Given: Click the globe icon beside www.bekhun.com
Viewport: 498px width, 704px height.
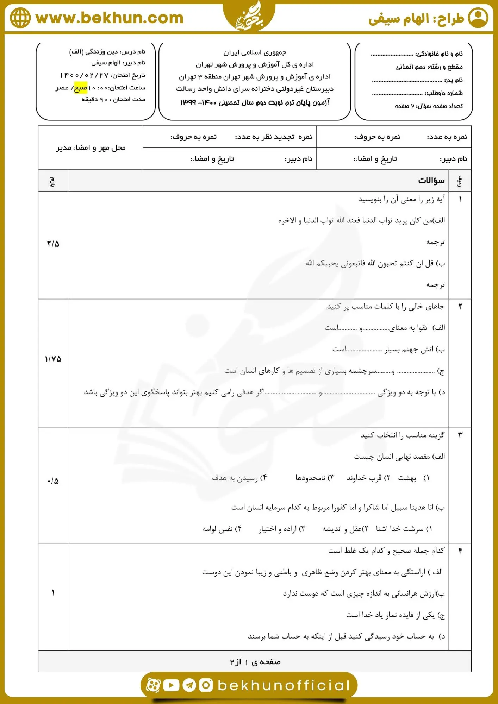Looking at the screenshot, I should [x=20, y=18].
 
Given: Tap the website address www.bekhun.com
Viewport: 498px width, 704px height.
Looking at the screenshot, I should [x=110, y=18].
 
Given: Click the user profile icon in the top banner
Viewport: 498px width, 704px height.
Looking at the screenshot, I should [x=478, y=18].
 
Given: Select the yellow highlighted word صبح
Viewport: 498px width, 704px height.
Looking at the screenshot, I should [x=80, y=88].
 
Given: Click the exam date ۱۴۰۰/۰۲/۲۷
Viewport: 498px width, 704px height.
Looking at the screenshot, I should [x=85, y=75].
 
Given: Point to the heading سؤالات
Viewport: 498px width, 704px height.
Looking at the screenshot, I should [x=431, y=181].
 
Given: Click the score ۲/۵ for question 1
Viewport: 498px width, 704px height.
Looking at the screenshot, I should [x=53, y=244].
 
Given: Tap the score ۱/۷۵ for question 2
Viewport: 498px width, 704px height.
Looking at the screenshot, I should [x=53, y=359].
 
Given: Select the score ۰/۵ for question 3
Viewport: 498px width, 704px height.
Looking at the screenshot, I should [x=53, y=481].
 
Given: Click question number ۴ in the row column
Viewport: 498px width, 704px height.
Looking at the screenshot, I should [x=460, y=551].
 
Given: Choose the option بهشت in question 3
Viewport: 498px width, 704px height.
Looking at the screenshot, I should [x=407, y=478].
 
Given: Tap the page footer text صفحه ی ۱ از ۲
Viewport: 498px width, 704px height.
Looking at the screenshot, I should [x=255, y=662].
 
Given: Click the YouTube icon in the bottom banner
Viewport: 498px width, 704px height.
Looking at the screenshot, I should [x=172, y=685].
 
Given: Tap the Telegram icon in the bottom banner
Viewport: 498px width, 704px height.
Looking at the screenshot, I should [x=189, y=685].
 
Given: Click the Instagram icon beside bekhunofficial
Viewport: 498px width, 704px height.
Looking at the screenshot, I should [x=206, y=685].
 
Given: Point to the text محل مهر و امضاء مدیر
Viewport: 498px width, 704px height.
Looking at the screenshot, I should [x=91, y=148].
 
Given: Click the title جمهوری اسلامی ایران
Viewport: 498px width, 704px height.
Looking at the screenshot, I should [x=255, y=52].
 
